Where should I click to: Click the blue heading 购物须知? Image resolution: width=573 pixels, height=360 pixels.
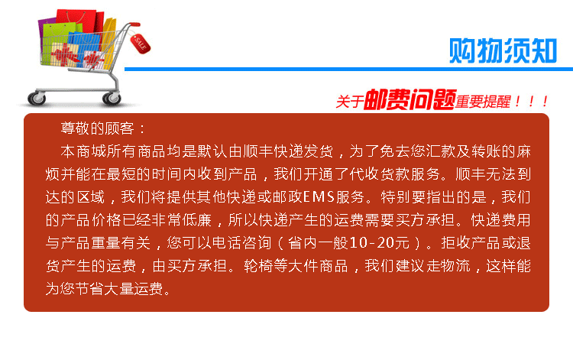click(503, 50)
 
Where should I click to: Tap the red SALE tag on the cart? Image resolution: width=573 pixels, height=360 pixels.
click(141, 44)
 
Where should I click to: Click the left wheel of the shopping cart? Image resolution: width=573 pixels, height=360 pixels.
click(37, 98)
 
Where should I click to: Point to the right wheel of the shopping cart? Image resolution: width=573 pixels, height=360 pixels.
click(112, 98)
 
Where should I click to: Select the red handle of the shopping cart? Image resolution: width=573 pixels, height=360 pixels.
click(134, 24)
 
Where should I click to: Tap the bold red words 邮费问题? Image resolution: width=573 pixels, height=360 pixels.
click(410, 99)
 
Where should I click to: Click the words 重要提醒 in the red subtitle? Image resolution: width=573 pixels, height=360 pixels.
click(482, 102)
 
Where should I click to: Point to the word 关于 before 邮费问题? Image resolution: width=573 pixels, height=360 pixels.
click(350, 102)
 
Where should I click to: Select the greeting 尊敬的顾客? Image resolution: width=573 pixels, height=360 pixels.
click(97, 128)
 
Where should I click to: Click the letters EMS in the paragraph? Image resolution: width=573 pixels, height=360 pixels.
click(319, 197)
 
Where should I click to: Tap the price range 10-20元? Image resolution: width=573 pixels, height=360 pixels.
click(379, 243)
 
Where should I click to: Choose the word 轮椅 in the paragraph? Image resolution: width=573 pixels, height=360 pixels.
click(259, 266)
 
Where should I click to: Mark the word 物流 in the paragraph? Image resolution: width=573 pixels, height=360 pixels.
click(455, 266)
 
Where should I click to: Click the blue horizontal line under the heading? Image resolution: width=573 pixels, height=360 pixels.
click(348, 69)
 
